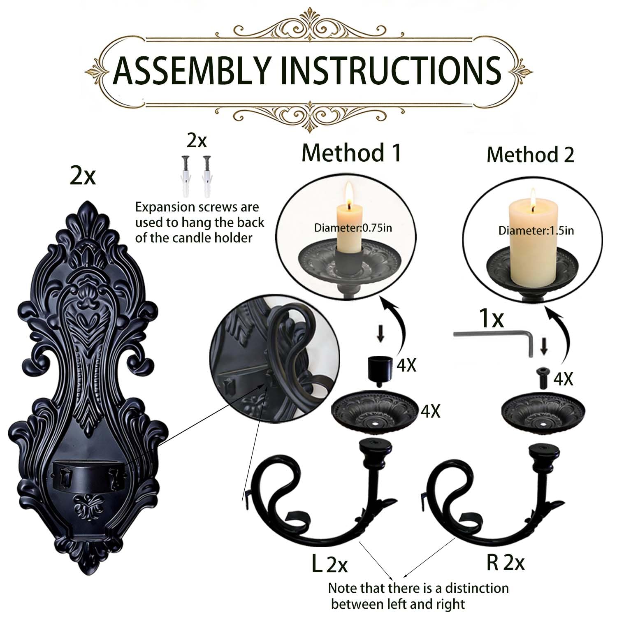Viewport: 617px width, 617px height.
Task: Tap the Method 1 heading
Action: [x=351, y=153]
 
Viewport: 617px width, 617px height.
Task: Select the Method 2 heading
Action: [x=530, y=155]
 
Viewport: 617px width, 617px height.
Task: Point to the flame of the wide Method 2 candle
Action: [x=533, y=197]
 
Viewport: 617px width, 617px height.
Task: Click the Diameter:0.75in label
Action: [x=353, y=227]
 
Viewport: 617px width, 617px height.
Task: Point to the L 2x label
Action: [x=329, y=564]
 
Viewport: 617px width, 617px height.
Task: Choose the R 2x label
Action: [x=506, y=562]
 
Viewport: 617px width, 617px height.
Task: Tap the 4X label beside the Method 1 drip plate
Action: [x=430, y=411]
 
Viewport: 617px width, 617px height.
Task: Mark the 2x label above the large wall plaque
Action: [x=83, y=176]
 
